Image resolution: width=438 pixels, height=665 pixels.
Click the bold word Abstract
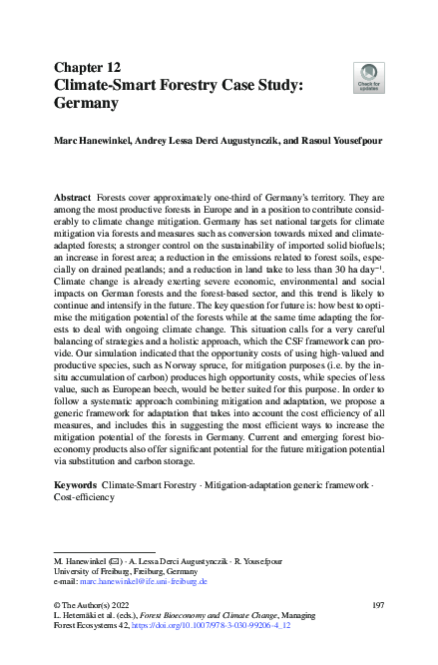tap(72, 200)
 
